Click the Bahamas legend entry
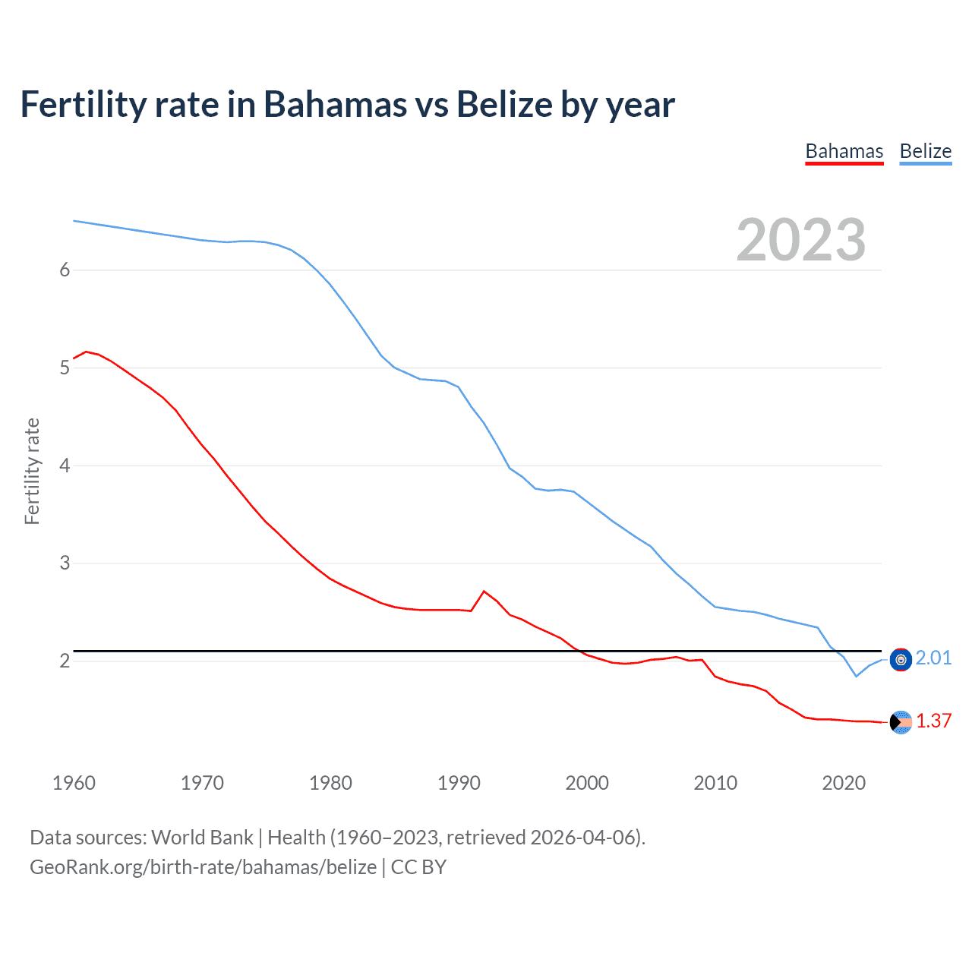point(844,151)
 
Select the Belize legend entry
point(925,151)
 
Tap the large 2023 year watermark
point(800,240)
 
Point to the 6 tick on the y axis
point(65,270)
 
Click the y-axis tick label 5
point(65,368)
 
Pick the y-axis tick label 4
point(65,465)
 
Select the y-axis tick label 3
point(65,563)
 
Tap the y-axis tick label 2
point(65,661)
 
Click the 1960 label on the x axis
point(74,783)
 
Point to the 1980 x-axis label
point(330,783)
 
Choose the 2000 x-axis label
point(587,783)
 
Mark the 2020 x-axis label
point(844,783)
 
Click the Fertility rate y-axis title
point(32,471)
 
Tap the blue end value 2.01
point(933,658)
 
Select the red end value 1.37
point(933,721)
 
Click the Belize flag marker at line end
point(901,660)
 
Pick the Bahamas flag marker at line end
point(901,723)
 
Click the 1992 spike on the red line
point(484,592)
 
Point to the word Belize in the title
point(503,105)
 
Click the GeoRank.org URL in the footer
point(203,867)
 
